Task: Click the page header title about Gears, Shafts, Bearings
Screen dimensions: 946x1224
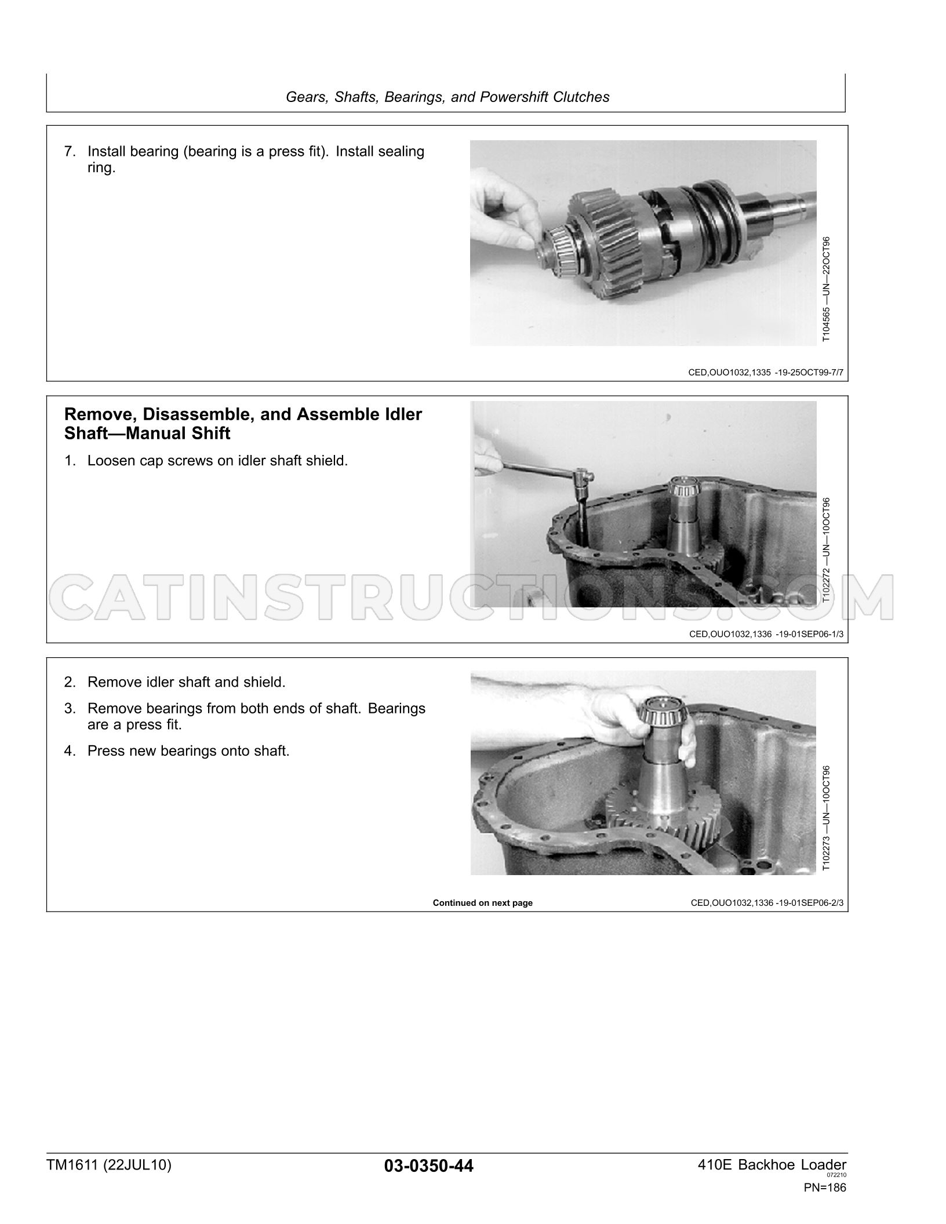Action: (447, 97)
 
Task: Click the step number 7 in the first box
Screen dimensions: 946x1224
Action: (70, 152)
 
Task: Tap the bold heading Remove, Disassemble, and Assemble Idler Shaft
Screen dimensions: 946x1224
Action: (243, 424)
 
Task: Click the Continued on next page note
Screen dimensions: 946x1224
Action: (483, 903)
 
